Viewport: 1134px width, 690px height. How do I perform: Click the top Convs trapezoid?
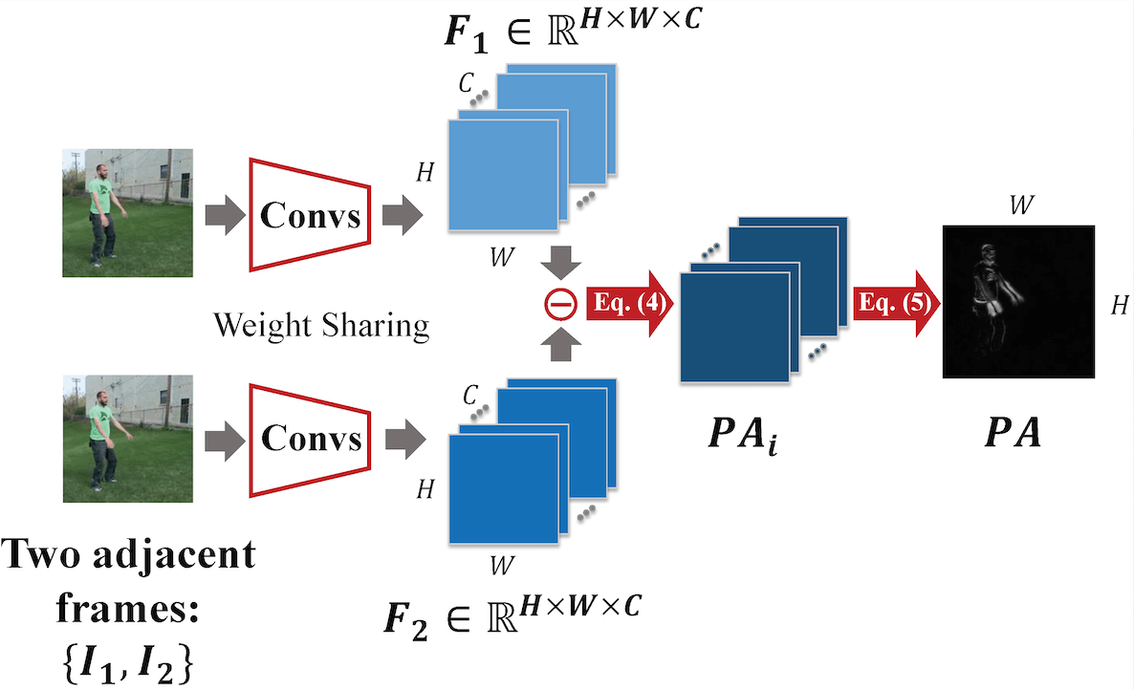point(311,216)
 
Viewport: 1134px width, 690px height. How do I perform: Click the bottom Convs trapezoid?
point(311,439)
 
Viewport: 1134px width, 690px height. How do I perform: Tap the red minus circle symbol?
point(561,305)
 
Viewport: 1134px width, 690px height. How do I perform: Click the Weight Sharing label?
point(320,326)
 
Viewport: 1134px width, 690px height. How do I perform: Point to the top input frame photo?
point(128,207)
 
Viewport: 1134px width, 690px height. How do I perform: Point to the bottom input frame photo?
point(128,439)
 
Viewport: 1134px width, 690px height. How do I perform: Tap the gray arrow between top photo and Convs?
point(220,216)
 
